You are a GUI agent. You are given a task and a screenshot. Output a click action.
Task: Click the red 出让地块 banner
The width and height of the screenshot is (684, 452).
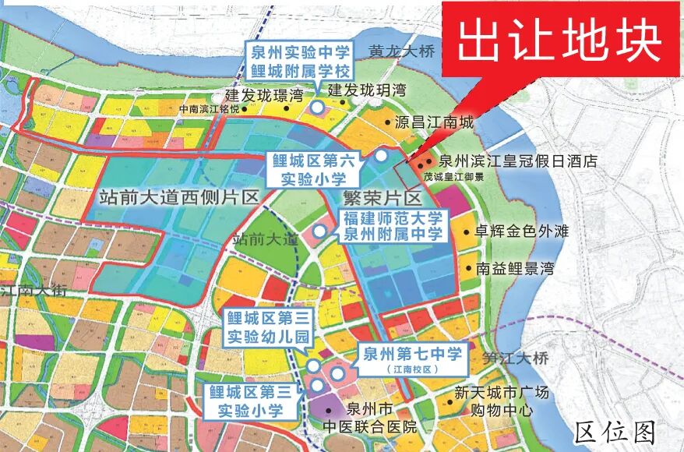point(559,39)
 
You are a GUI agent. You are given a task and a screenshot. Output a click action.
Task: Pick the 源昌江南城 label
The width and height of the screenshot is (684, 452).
point(434,123)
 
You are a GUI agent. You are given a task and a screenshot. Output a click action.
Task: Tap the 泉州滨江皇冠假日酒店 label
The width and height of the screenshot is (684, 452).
point(517,161)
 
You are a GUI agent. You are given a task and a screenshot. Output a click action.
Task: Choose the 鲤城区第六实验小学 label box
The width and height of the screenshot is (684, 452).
point(313,169)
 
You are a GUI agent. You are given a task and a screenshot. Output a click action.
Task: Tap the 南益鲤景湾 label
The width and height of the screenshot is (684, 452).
point(514,269)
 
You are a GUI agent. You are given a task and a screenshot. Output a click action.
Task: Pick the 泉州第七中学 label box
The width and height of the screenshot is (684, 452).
point(411,360)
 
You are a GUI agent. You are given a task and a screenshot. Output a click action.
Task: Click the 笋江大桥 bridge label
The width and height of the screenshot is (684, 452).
point(515,359)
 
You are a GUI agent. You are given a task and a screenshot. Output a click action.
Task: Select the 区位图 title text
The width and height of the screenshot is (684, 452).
point(615,431)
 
